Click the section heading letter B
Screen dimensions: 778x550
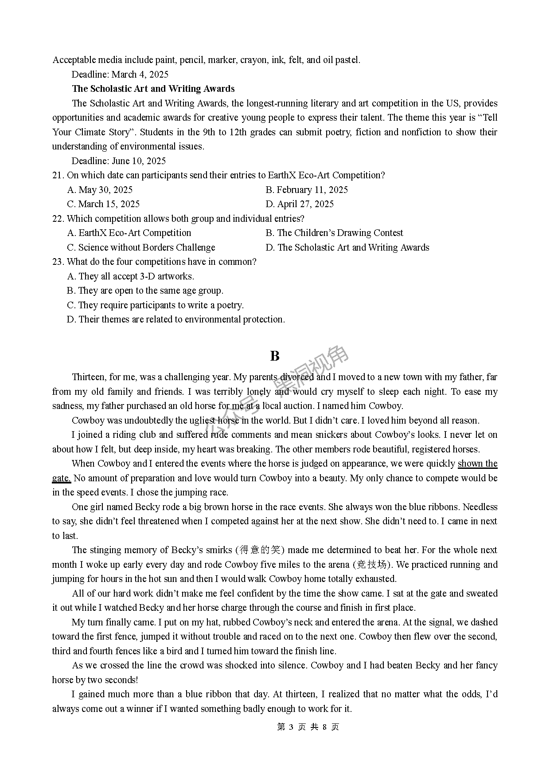point(275,356)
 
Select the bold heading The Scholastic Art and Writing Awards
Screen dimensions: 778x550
point(153,89)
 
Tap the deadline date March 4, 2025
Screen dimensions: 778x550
point(140,75)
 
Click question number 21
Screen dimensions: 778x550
point(58,175)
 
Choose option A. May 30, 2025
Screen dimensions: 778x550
point(100,190)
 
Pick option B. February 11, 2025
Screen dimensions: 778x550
point(307,190)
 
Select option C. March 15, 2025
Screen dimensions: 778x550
point(103,204)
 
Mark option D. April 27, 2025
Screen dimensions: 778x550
point(300,204)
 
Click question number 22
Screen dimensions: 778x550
point(58,219)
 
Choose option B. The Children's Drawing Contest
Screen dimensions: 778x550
point(334,233)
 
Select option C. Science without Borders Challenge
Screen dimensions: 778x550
point(141,248)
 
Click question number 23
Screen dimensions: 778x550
point(58,262)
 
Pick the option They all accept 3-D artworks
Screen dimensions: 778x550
point(131,276)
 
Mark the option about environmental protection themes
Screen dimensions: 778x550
point(176,319)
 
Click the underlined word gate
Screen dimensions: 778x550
point(61,478)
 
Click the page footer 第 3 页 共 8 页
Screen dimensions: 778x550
point(308,727)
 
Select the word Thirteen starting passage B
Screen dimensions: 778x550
point(88,377)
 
